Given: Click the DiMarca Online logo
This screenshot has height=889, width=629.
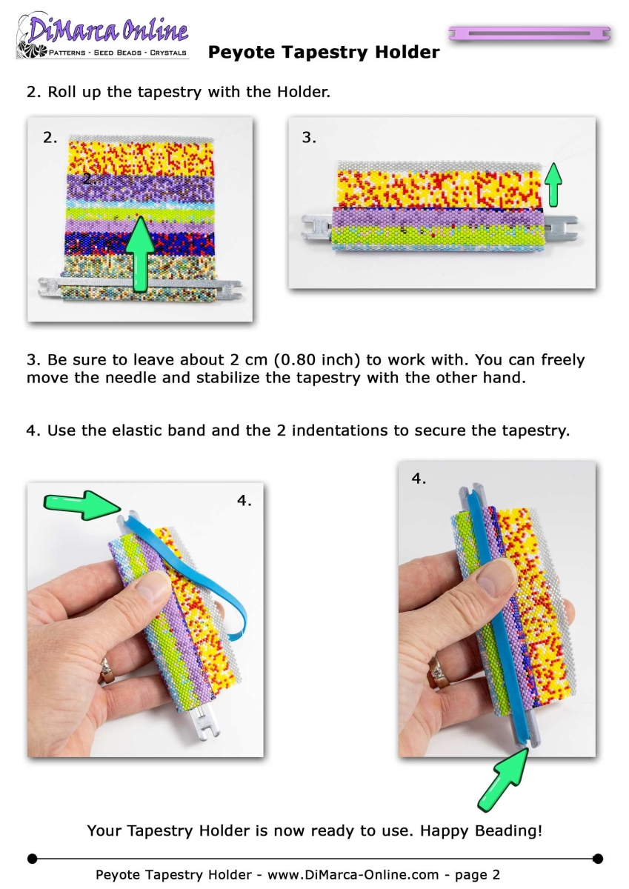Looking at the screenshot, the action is click(102, 36).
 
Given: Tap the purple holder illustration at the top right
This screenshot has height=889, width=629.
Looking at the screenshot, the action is click(529, 33).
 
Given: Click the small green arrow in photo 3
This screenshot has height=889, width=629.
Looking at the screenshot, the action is click(553, 184).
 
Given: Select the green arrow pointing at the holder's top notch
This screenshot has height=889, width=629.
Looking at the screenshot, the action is click(82, 505).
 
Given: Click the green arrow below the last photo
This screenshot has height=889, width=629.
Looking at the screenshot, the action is click(503, 779).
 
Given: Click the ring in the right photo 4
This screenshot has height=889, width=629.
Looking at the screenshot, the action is click(439, 673).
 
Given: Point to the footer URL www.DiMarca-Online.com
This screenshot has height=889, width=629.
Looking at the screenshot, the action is click(353, 875).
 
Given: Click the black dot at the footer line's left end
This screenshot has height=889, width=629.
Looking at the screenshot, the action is click(33, 859).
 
